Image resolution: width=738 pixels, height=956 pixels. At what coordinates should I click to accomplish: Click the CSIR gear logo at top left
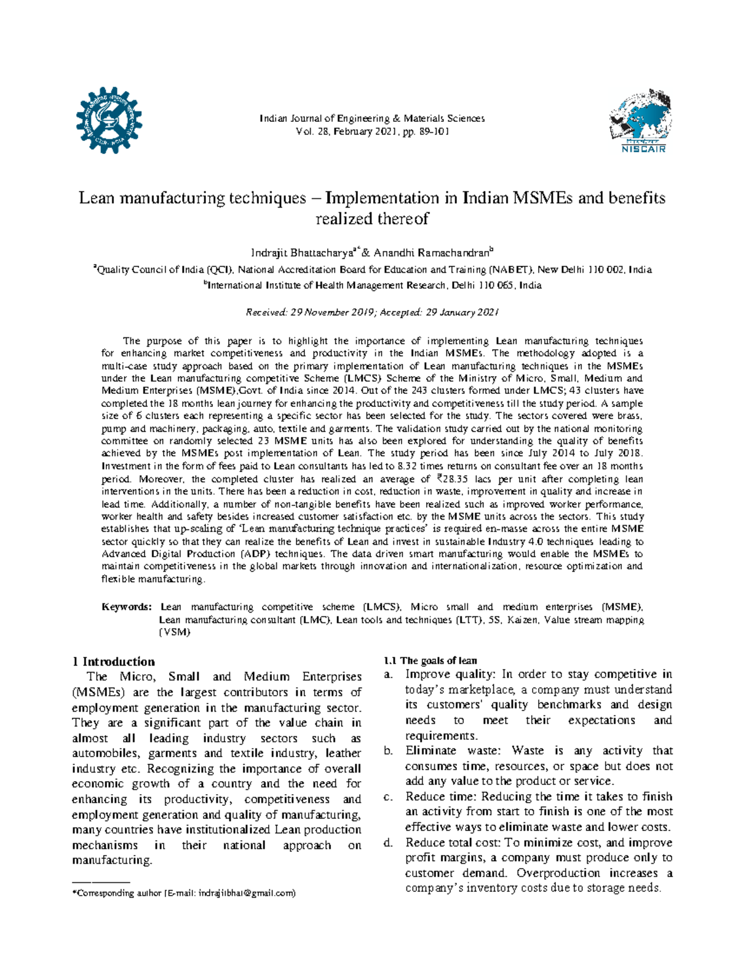click(x=109, y=120)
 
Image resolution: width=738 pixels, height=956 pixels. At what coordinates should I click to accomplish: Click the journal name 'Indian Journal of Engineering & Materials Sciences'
click(x=372, y=118)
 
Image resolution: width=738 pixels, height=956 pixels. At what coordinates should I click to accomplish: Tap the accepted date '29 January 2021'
click(x=461, y=312)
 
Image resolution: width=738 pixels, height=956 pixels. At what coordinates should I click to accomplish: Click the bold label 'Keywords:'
click(x=126, y=607)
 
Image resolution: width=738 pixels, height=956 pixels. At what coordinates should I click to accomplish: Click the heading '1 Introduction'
click(x=113, y=662)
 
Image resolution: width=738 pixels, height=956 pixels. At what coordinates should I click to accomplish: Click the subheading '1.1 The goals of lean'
click(x=430, y=661)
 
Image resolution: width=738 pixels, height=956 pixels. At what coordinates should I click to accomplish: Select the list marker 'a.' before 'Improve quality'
click(x=388, y=675)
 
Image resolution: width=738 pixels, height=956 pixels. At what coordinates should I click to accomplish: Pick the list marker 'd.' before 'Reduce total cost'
click(x=388, y=843)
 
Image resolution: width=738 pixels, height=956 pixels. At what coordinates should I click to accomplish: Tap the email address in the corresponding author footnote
click(x=246, y=893)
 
